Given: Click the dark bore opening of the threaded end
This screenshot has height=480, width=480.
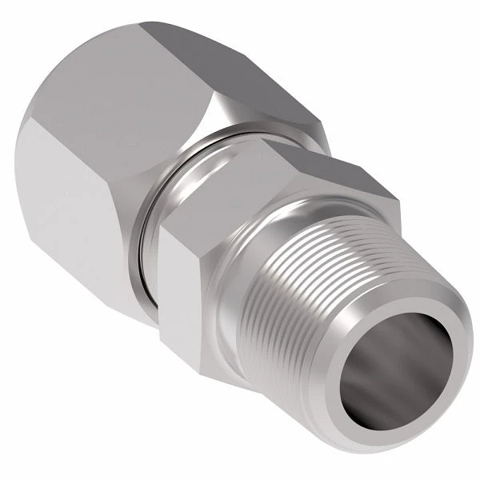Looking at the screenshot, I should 392,368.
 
